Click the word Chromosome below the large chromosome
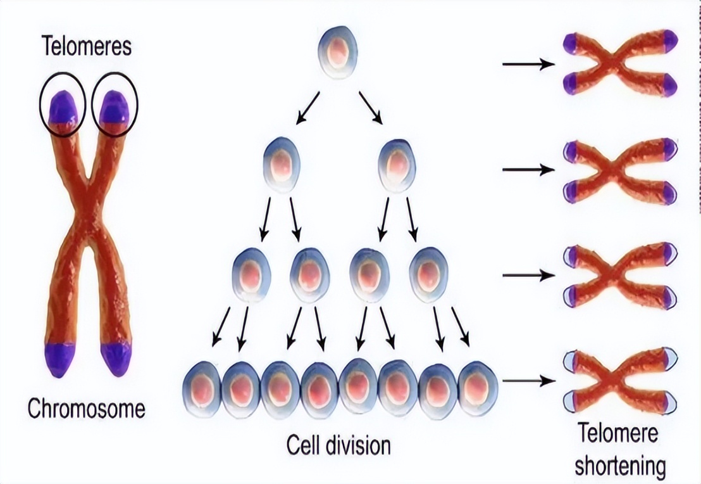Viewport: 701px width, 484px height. [x=86, y=409]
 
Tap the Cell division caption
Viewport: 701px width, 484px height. [x=338, y=444]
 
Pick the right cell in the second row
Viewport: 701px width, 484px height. [x=397, y=165]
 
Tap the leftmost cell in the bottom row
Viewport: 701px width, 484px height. [x=202, y=388]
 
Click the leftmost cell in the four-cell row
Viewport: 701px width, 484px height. [x=252, y=276]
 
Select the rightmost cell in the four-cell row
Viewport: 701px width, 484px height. [x=428, y=276]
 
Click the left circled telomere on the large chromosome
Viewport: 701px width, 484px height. [x=61, y=107]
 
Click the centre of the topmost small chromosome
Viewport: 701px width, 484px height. [x=619, y=63]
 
